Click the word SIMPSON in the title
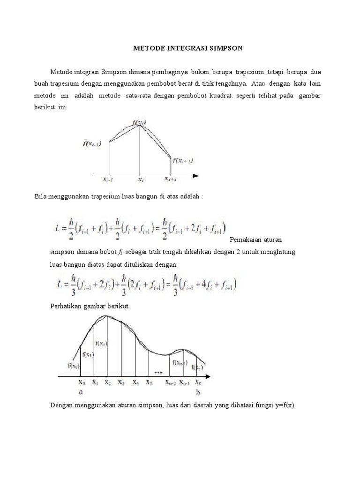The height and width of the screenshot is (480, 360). [223, 48]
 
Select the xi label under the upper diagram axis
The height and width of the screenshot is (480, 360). [140, 179]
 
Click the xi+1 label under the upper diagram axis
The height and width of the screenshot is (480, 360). [171, 179]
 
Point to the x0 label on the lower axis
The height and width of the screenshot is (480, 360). [82, 382]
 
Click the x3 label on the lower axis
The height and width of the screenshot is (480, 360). [121, 382]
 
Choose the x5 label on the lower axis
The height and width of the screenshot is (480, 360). [149, 382]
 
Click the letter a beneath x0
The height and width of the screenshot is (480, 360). [81, 393]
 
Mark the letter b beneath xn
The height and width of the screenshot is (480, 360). [198, 393]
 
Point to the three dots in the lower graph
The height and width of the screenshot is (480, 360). [158, 373]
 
